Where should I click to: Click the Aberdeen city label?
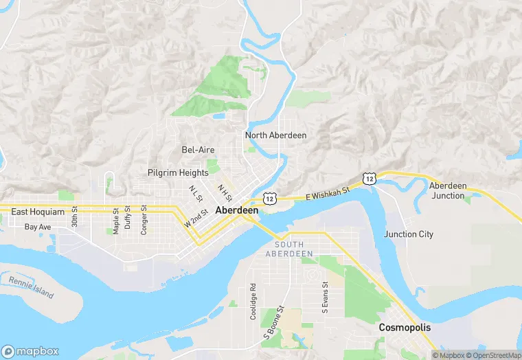237,210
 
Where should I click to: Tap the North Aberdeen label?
275,135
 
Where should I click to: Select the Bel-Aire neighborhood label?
198,150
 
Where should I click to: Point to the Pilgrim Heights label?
178,172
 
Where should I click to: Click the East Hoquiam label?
38,212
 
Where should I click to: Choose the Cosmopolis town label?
405,328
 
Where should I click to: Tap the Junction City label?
409,234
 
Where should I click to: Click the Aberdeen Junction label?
448,190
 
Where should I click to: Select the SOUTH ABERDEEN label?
294,249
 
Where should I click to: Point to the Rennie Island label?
31,287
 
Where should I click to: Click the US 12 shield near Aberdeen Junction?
370,178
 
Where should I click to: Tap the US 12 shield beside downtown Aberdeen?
269,198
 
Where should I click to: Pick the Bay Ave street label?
38,226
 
